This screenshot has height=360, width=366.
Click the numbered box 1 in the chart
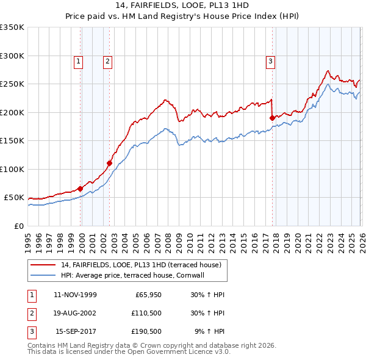click(x=79, y=61)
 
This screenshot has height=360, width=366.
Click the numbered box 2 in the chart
click(x=107, y=61)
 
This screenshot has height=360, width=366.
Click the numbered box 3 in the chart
click(x=270, y=61)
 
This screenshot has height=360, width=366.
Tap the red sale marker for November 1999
click(x=80, y=189)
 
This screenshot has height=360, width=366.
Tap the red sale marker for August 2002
click(x=109, y=163)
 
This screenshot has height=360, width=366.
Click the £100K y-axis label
click(x=12, y=169)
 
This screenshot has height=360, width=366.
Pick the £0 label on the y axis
click(x=18, y=226)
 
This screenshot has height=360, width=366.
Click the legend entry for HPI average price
click(x=136, y=275)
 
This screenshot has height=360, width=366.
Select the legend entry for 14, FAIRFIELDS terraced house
click(x=144, y=265)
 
